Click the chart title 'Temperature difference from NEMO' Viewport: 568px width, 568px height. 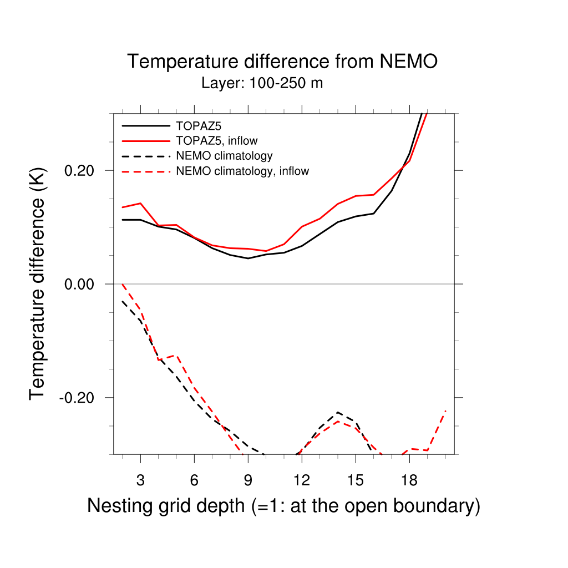[x=283, y=61]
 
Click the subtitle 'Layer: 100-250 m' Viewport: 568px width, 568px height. [x=262, y=84]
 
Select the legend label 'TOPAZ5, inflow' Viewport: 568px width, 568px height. [x=217, y=140]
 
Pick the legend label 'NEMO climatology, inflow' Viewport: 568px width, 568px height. [x=242, y=171]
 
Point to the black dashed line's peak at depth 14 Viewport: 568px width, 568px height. [x=337, y=412]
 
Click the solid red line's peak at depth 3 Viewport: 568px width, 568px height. [x=140, y=203]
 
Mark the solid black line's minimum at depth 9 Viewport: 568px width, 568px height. [x=248, y=258]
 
